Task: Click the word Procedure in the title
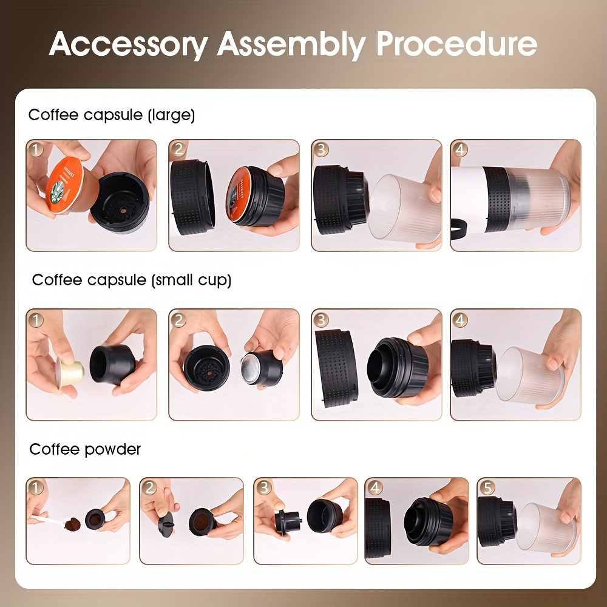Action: click(x=456, y=44)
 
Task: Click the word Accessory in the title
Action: click(x=127, y=44)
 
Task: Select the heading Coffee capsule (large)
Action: click(x=112, y=115)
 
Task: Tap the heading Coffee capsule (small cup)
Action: click(x=132, y=280)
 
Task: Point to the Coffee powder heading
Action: click(x=85, y=449)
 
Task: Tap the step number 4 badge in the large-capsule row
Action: click(x=459, y=149)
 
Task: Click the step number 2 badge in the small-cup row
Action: click(x=178, y=319)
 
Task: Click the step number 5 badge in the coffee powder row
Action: click(x=486, y=487)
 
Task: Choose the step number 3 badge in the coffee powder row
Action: click(x=263, y=487)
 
